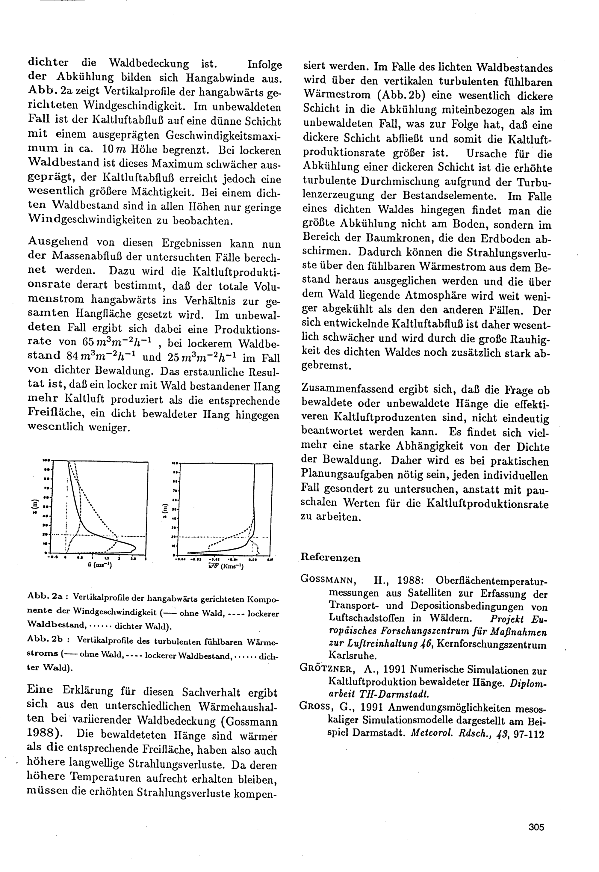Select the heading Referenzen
[331, 558]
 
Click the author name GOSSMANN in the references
[327, 580]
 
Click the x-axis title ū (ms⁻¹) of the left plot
[99, 565]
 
